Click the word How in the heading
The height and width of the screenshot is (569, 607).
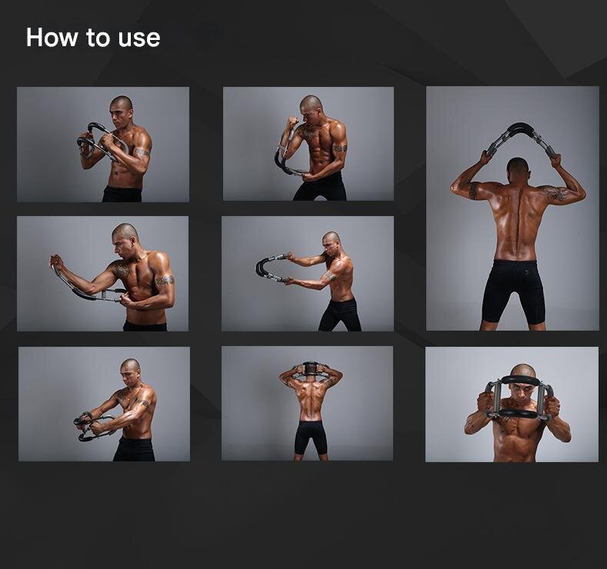tap(52, 38)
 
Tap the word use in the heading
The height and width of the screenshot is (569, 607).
tap(139, 39)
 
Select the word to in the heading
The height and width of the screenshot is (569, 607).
tap(98, 38)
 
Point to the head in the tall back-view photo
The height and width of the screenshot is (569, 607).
tap(518, 169)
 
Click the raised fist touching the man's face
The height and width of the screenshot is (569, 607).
tap(293, 122)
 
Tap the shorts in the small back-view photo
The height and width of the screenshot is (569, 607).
tap(311, 437)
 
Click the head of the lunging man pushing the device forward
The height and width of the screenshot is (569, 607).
tap(332, 242)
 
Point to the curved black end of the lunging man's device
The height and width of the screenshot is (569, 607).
tap(262, 268)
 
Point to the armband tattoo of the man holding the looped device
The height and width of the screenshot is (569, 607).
tap(142, 152)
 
